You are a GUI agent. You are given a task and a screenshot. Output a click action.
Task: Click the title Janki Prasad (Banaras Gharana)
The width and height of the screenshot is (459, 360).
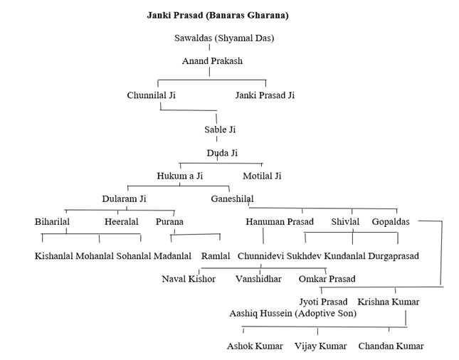tap(217, 14)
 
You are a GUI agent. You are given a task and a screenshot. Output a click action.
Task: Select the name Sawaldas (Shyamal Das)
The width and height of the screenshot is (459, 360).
tap(224, 38)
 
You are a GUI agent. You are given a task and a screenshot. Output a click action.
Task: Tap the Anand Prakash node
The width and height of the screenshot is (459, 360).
tap(212, 61)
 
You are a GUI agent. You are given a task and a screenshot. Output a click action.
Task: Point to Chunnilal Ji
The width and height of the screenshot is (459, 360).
tap(151, 95)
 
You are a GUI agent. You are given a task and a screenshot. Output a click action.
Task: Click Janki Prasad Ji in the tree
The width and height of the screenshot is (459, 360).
tap(265, 95)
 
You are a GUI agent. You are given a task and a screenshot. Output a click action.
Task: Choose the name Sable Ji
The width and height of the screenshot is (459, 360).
tap(220, 129)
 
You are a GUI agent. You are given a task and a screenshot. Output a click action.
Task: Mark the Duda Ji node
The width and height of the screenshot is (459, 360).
tap(222, 153)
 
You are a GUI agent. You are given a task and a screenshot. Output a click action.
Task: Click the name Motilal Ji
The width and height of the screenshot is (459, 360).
tap(262, 176)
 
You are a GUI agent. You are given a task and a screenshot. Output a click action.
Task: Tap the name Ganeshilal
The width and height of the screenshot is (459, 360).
tap(232, 198)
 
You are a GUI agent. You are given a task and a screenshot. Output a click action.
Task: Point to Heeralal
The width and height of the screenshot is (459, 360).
tap(121, 222)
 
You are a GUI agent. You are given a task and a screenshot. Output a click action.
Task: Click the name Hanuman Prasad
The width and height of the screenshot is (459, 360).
tap(280, 222)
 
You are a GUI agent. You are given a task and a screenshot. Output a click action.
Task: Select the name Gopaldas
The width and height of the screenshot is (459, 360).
tap(391, 222)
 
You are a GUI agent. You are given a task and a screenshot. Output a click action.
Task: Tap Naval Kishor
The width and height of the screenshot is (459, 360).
tap(189, 279)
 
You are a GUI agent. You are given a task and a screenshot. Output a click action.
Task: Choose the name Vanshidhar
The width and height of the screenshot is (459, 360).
tap(258, 279)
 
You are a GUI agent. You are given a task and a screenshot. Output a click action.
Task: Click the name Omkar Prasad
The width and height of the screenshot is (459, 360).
tap(327, 279)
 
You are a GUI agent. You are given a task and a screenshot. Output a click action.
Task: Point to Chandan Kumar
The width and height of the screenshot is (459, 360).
tap(391, 346)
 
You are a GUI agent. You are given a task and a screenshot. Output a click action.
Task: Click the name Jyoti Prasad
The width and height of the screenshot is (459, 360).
tap(323, 302)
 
